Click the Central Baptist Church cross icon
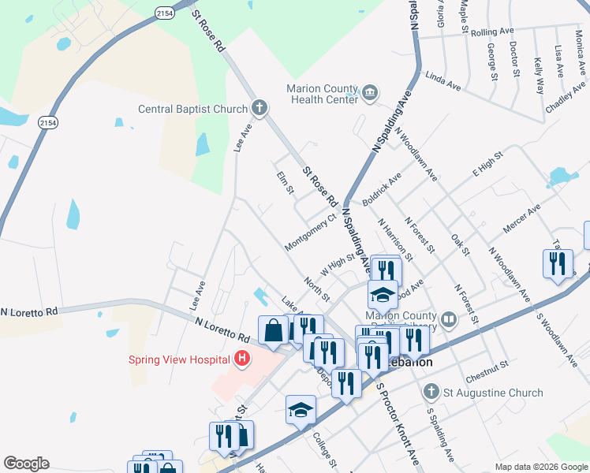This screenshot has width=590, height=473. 260,108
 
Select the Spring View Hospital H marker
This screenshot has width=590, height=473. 242,360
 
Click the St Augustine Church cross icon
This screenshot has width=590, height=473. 431,392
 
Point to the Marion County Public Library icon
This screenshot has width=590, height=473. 449,319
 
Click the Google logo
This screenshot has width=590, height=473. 26,464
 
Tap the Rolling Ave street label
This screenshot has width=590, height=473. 491,33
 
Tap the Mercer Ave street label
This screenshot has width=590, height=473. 521,218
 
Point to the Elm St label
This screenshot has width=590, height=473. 284,183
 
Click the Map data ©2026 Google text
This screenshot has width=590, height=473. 540,467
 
